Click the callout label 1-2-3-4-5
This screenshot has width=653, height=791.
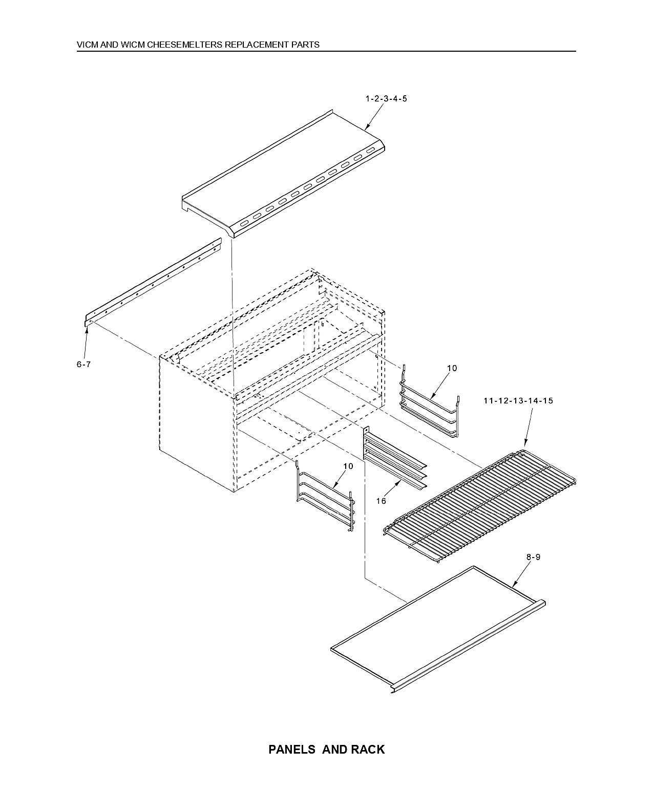pyautogui.click(x=386, y=99)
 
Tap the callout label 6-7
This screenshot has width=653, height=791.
pyautogui.click(x=84, y=365)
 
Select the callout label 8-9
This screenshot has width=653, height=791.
pyautogui.click(x=533, y=557)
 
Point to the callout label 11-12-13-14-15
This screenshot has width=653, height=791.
pyautogui.click(x=518, y=401)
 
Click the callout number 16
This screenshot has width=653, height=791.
pyautogui.click(x=381, y=501)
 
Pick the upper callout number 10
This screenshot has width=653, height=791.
pyautogui.click(x=452, y=368)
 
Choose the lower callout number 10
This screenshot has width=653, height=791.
pyautogui.click(x=348, y=466)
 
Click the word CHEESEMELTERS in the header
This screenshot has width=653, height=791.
pyautogui.click(x=185, y=45)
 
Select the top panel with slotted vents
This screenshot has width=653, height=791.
pyautogui.click(x=284, y=174)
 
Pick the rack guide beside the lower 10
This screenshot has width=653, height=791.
pyautogui.click(x=326, y=496)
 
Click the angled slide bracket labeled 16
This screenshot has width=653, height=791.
pyautogui.click(x=395, y=459)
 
